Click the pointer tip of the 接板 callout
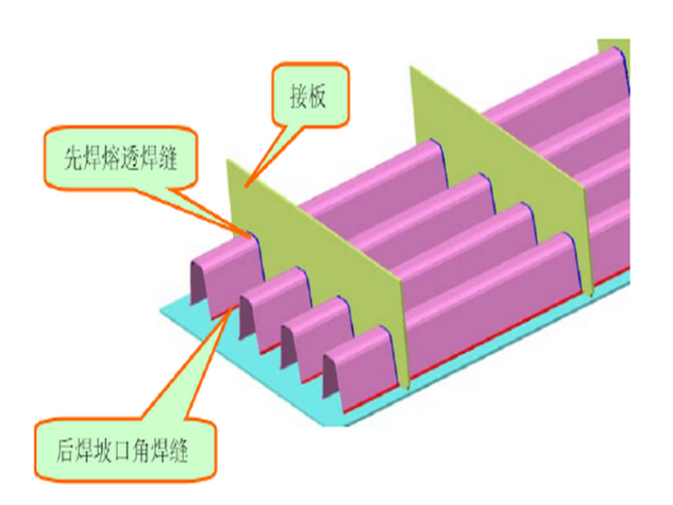(x=246, y=185)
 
